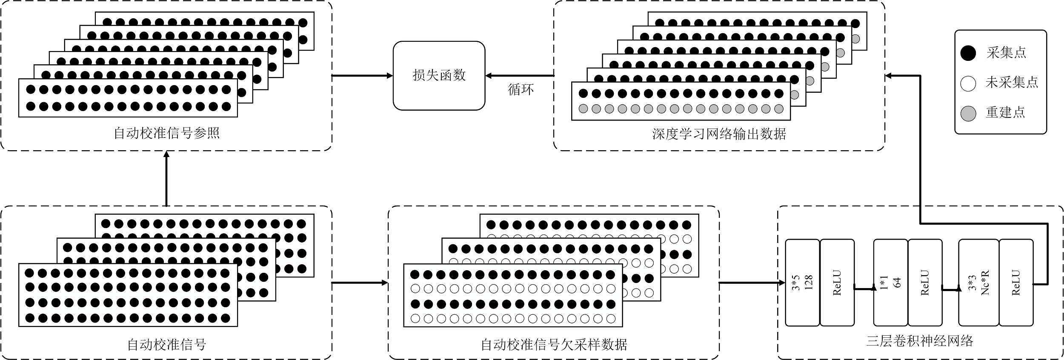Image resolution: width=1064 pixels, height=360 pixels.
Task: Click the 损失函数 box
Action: coord(439,76)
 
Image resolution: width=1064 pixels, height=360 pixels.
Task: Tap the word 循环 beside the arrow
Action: coord(521,90)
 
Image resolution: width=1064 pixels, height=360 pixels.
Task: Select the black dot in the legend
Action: coord(968,53)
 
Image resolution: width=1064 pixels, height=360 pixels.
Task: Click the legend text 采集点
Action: coord(1006,53)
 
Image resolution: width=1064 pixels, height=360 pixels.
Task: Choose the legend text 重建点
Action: coord(1005,112)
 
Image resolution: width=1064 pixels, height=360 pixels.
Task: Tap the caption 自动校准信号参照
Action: coord(166,133)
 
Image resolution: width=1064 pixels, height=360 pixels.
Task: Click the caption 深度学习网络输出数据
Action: coord(719,134)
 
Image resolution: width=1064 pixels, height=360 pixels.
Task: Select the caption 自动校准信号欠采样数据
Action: coord(554,344)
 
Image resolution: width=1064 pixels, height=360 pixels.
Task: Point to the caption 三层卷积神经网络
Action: coord(919,341)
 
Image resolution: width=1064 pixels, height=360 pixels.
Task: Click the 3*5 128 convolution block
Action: coord(802,283)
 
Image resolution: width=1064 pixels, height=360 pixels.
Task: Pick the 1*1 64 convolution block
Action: coord(890,283)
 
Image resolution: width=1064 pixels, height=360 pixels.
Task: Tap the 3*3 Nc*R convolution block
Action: coord(978,283)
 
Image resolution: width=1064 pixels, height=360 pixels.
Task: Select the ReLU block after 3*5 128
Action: coord(837,283)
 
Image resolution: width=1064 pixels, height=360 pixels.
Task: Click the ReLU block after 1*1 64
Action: coord(925,283)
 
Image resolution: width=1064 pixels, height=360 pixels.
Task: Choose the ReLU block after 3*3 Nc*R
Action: coord(1016,283)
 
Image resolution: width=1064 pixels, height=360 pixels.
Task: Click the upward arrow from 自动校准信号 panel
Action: coord(166,179)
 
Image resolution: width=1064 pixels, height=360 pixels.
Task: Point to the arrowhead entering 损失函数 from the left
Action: coord(389,76)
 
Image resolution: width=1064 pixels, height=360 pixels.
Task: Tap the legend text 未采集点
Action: coord(1012,83)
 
